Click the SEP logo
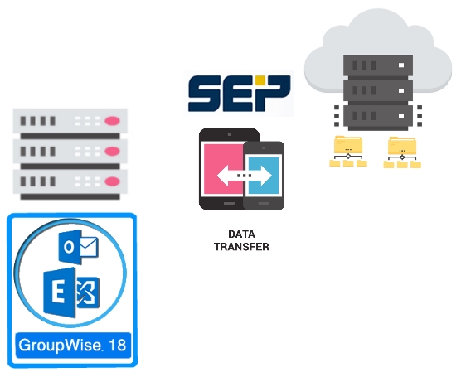click(239, 94)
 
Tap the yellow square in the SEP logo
click(260, 80)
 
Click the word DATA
click(241, 234)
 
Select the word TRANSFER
click(241, 247)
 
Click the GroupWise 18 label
click(73, 346)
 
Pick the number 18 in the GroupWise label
click(118, 346)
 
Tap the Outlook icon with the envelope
click(79, 247)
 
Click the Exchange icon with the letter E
click(71, 292)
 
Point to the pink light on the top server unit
click(112, 121)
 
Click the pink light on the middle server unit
click(112, 152)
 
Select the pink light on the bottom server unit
click(112, 181)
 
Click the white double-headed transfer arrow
click(245, 176)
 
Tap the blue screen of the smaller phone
click(264, 176)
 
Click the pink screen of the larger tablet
click(223, 169)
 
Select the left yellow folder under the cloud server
click(348, 152)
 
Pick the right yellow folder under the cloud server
click(402, 152)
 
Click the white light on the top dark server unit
click(401, 65)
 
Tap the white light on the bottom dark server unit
click(401, 115)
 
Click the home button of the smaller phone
click(264, 204)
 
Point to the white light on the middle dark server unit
click(401, 90)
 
